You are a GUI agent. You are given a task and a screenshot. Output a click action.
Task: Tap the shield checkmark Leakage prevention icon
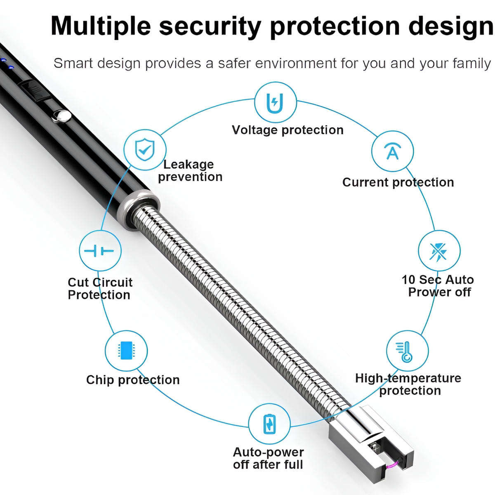click(145, 150)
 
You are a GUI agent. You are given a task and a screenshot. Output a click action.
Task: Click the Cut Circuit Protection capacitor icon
click(100, 251)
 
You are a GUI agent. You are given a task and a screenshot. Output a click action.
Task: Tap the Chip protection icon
click(126, 350)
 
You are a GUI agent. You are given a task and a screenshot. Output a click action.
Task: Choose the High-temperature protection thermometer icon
click(407, 351)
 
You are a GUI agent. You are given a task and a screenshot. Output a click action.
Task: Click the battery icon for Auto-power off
click(269, 424)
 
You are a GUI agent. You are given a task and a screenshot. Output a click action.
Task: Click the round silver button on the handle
click(62, 116)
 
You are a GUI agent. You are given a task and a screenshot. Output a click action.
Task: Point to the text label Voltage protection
click(288, 130)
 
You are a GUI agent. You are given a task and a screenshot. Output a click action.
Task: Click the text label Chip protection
click(133, 380)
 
